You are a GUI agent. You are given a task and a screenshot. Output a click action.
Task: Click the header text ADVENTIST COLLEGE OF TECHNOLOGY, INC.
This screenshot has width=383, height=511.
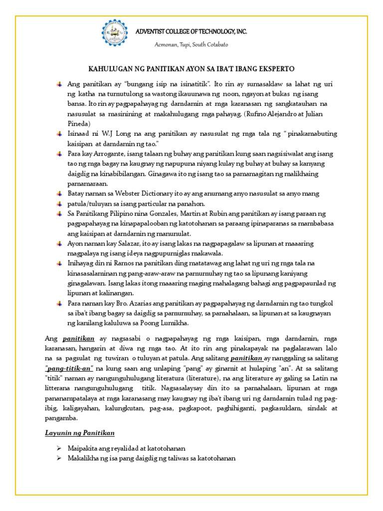192,31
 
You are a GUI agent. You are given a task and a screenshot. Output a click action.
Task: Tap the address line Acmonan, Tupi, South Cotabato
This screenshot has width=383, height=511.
191,44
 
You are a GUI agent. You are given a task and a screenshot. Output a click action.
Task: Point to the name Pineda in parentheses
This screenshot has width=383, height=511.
79,123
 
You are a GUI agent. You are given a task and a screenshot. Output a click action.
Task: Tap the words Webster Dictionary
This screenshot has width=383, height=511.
136,194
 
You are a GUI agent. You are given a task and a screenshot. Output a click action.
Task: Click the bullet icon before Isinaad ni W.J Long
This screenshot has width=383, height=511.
60,134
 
